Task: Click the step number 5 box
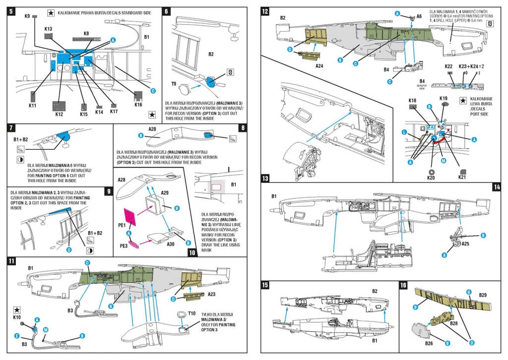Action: tap(11, 10)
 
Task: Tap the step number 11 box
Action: tap(11, 260)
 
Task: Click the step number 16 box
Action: tap(403, 285)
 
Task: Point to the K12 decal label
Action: tap(59, 115)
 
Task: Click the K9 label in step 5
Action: tap(27, 16)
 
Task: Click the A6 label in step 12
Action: tap(419, 16)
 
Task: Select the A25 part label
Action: tap(465, 244)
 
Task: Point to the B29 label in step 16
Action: tap(482, 295)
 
